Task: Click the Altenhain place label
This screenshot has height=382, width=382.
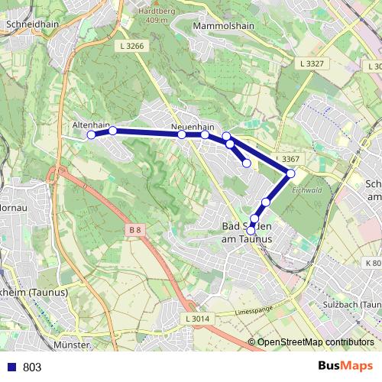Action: [91, 123]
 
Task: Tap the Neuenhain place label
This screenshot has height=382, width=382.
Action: [193, 127]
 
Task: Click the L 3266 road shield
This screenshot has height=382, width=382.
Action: [132, 47]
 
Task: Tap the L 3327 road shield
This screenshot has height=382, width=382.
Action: [312, 63]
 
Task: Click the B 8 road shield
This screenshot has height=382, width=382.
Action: [134, 229]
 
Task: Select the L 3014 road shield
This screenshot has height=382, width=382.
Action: [197, 318]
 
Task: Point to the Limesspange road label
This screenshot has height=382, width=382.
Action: [254, 312]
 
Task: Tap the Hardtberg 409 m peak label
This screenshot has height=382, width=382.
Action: [153, 15]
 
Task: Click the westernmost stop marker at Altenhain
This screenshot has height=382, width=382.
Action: [91, 134]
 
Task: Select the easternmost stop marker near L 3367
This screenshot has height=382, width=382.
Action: [291, 174]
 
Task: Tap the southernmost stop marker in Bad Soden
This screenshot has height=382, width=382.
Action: [251, 230]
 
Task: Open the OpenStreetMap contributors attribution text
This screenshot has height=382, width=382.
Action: [316, 342]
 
